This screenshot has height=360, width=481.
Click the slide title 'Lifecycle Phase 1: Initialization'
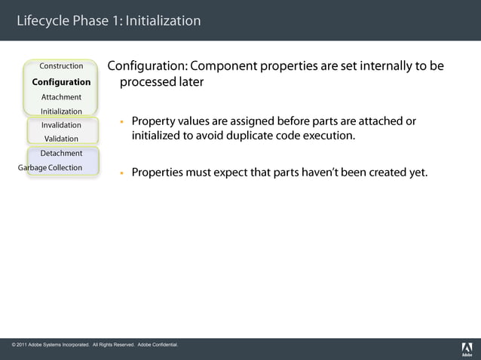click(109, 20)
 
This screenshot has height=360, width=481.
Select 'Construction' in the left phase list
click(61, 66)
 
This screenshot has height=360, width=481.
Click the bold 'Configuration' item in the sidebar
click(61, 82)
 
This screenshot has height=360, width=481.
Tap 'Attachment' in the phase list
click(61, 97)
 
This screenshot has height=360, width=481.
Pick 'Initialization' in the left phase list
click(61, 111)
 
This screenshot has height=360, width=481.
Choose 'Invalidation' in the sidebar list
click(61, 125)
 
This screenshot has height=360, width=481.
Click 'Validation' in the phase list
click(61, 139)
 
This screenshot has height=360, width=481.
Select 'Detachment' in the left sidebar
click(61, 154)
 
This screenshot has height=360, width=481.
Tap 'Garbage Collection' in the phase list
click(51, 167)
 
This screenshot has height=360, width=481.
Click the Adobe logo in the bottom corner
click(467, 349)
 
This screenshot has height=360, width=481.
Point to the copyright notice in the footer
click(95, 345)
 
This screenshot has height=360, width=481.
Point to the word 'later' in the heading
click(190, 82)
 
